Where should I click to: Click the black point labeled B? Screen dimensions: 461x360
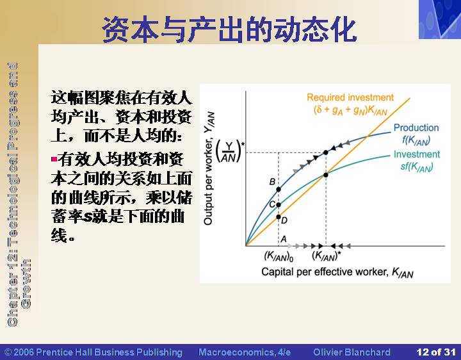[279, 190]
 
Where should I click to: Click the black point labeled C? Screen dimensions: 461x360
[279, 205]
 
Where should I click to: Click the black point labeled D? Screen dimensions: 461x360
[279, 217]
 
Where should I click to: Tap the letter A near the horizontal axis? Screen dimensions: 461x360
[284, 238]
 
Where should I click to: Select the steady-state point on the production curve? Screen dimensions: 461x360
[326, 152]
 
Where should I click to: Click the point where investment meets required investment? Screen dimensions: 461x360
[326, 175]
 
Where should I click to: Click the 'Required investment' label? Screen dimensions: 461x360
[350, 97]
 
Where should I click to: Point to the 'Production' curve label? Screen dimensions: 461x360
[416, 127]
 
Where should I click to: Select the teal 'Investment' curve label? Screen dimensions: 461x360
[417, 154]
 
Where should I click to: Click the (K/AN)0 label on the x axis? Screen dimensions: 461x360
[279, 256]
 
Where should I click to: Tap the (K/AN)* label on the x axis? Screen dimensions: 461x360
[327, 256]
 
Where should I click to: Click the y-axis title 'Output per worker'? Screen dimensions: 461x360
[209, 168]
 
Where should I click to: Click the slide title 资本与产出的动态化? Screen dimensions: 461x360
[230, 29]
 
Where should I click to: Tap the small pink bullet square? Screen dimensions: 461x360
[54, 160]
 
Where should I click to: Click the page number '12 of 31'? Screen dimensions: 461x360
[436, 352]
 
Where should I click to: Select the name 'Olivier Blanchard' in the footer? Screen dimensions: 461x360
[352, 352]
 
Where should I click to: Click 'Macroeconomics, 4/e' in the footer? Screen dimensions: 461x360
[245, 352]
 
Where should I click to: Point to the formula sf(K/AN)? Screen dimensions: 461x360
[417, 167]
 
